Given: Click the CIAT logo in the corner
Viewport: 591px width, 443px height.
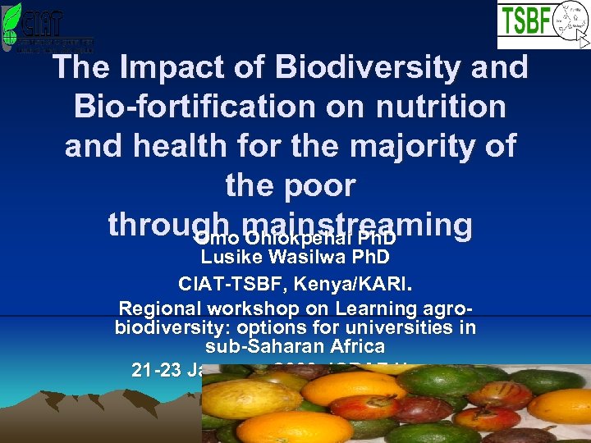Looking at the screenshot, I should point(47,27).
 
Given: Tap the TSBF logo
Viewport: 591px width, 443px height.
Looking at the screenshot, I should point(543,25).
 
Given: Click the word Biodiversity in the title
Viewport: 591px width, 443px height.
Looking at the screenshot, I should point(358,67).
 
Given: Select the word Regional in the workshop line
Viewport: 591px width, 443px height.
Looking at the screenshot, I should point(159,309).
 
